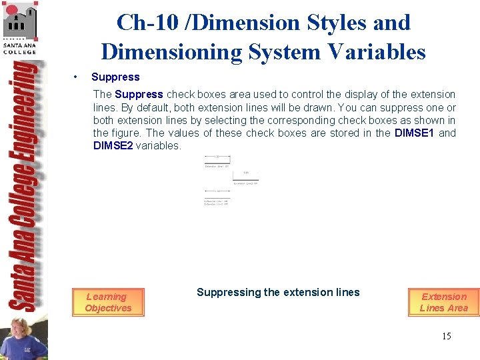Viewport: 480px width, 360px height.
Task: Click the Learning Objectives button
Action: tap(108, 302)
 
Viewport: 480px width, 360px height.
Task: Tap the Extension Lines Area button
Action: tap(444, 302)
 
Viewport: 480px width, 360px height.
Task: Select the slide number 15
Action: tap(446, 336)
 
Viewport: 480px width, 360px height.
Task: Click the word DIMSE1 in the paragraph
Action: tap(415, 133)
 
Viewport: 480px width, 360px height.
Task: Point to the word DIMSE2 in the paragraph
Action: tap(113, 145)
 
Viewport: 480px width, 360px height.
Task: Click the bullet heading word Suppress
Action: tap(115, 77)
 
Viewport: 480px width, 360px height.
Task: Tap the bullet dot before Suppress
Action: tap(78, 77)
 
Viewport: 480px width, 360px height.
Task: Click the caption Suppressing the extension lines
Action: tap(278, 292)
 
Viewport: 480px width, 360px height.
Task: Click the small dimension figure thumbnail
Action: tap(231, 180)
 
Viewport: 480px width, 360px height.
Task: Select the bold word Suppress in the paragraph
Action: tap(139, 94)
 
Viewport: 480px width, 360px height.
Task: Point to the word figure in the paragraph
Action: tap(125, 133)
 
